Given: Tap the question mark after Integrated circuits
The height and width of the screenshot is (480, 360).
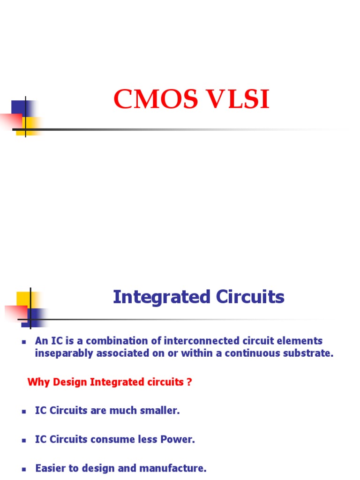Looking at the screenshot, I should point(189,382).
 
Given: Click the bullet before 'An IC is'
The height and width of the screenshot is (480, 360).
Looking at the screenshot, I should point(22,342).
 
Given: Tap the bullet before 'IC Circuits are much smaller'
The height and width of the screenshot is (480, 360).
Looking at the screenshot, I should point(22,412).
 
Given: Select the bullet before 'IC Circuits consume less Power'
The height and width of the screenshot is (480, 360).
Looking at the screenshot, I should point(22,441).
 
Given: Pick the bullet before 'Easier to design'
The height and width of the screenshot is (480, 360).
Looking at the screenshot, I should point(22,469).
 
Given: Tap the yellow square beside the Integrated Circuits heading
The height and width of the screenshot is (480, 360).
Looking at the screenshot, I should point(23,299).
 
